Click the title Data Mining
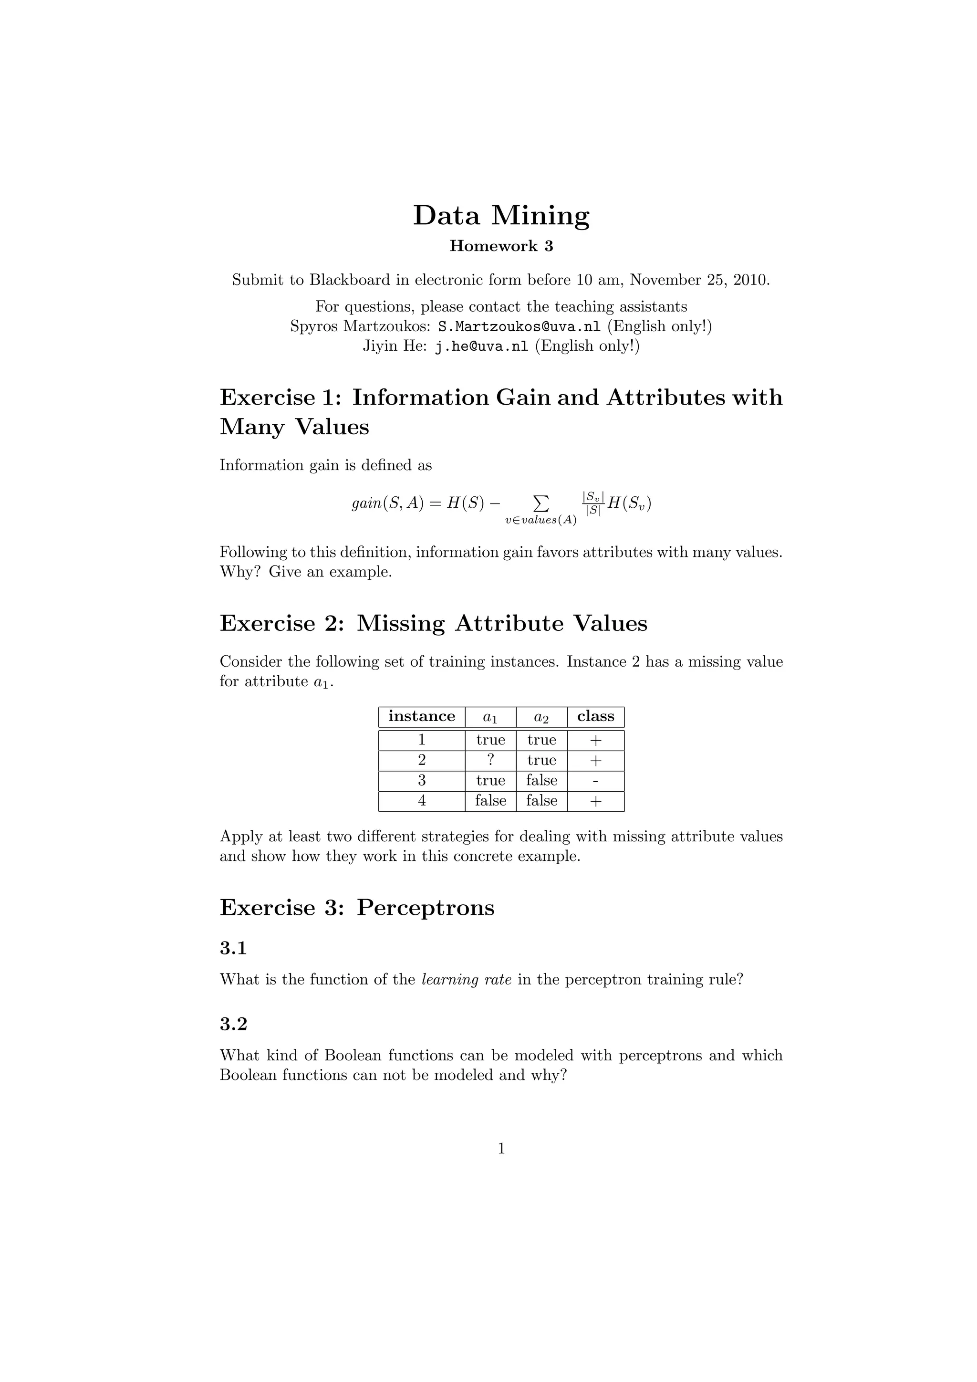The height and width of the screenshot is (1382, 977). point(500,216)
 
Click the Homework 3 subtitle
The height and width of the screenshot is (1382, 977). point(500,246)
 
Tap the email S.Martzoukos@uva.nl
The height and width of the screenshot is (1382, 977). point(519,327)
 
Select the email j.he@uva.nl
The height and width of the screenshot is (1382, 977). point(481,347)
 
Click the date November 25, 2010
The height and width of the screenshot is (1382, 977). point(699,280)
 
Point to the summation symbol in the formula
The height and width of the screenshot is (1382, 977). point(541,502)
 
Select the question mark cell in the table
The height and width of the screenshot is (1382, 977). point(490,760)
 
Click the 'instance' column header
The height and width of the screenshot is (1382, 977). point(421,716)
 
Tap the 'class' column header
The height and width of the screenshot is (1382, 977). point(595,716)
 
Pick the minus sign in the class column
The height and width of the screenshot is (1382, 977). point(595,781)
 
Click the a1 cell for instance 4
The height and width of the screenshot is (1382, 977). point(490,801)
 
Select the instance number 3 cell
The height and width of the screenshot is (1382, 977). point(421,781)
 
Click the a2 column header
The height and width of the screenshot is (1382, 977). point(541,717)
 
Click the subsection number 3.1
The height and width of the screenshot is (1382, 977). point(233,949)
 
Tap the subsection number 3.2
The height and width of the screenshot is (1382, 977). point(233,1025)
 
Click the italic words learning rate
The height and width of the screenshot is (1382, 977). point(466,980)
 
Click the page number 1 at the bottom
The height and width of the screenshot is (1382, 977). point(501,1149)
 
